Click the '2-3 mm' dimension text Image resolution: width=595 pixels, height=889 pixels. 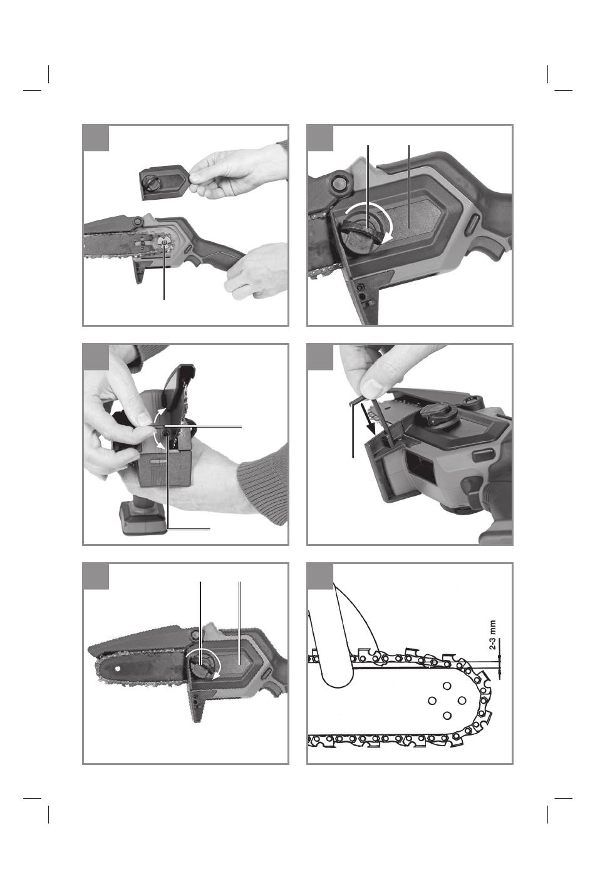pyautogui.click(x=492, y=635)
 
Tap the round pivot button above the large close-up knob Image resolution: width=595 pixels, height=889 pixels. pyautogui.click(x=339, y=182)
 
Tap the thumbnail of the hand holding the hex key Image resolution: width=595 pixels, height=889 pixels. pyautogui.click(x=372, y=386)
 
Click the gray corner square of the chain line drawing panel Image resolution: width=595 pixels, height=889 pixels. pyautogui.click(x=320, y=575)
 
